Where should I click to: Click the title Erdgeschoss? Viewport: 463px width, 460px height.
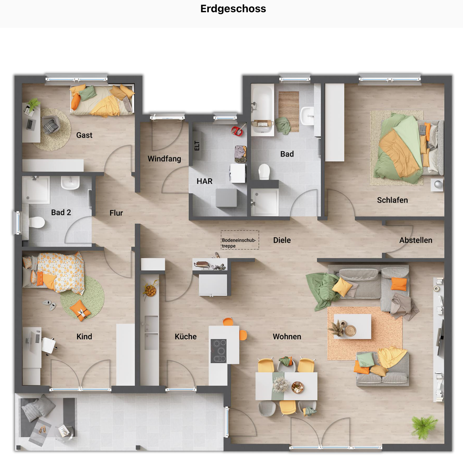[233, 9]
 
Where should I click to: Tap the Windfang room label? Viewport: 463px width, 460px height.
[164, 159]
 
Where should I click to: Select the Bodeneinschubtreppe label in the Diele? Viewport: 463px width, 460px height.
[239, 243]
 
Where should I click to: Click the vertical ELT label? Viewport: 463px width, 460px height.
[197, 146]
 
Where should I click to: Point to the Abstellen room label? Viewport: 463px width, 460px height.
[416, 240]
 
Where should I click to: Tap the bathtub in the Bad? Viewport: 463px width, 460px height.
[262, 109]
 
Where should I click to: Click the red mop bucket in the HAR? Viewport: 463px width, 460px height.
[237, 131]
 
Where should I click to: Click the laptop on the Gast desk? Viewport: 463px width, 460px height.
[30, 124]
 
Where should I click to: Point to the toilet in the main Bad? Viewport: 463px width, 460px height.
[264, 172]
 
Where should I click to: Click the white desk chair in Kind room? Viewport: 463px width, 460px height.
[49, 345]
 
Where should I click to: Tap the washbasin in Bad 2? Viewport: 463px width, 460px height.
[70, 183]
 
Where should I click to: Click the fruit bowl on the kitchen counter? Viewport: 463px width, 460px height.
[150, 290]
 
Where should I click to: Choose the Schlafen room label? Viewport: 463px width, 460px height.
[392, 200]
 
